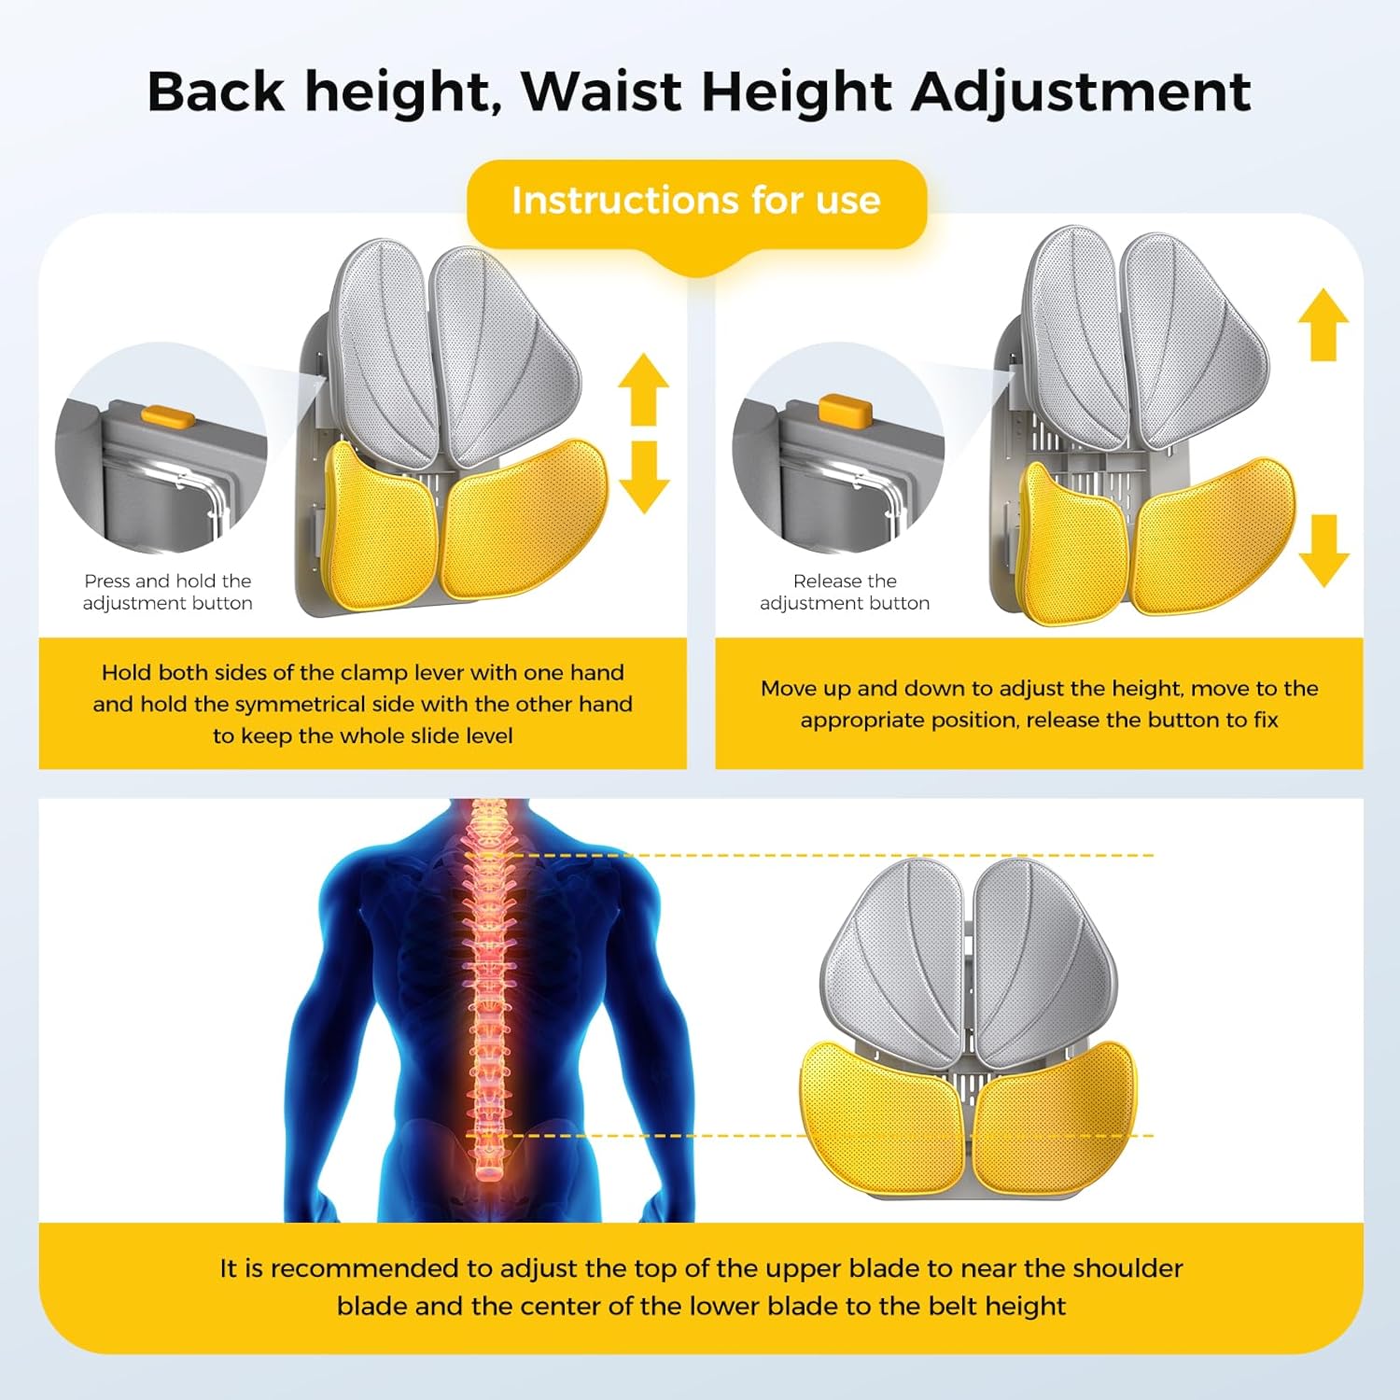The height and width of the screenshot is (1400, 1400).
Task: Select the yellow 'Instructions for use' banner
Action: click(x=695, y=202)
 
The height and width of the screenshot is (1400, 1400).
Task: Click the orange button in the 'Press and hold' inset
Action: click(x=167, y=414)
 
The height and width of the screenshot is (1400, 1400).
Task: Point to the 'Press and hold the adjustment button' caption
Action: click(x=168, y=592)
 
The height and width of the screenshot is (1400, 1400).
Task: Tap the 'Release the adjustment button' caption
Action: click(x=845, y=592)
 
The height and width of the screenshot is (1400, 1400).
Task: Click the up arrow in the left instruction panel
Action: click(x=643, y=386)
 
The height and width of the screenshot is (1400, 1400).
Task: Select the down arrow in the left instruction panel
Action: click(x=643, y=477)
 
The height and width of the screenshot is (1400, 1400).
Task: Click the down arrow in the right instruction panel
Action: click(x=1323, y=551)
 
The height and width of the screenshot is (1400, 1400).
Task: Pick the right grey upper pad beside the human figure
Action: click(x=1041, y=961)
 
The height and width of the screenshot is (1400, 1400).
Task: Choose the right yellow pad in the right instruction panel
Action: click(x=1213, y=537)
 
